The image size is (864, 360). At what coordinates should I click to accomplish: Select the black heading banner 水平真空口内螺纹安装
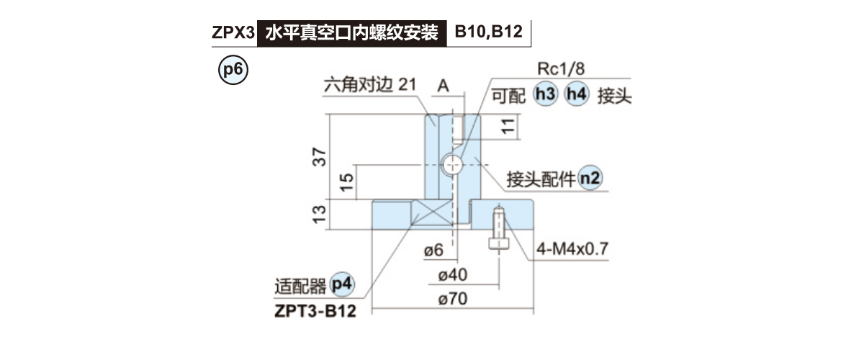coord(351,32)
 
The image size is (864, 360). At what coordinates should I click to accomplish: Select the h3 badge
coord(545,95)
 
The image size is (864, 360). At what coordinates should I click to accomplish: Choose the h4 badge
coord(577,95)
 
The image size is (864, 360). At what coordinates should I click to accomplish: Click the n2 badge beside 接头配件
coord(590,179)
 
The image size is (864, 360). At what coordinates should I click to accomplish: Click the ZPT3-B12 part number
coord(315,311)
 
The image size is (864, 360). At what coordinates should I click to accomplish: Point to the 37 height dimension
coord(320,156)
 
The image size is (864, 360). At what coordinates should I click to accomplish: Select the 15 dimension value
coord(346,181)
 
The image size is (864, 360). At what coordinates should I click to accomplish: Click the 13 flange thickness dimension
coord(320,214)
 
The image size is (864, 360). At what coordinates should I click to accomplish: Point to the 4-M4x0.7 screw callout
coord(572,249)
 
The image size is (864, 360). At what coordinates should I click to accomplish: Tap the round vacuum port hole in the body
coord(452,164)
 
